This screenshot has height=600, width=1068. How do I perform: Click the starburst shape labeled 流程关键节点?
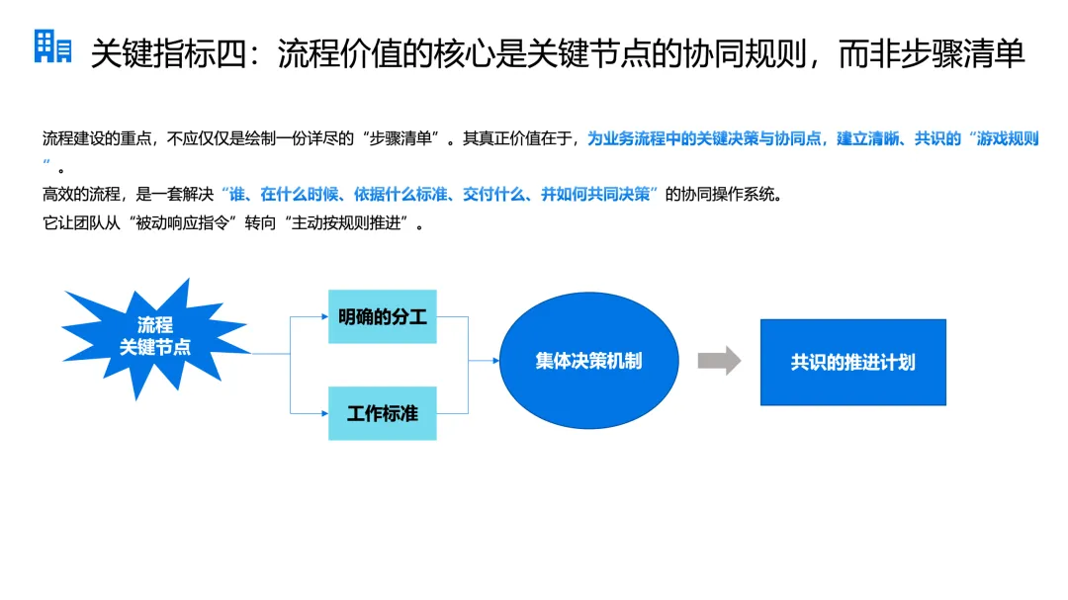point(154,336)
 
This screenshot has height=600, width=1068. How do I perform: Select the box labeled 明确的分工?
point(382,316)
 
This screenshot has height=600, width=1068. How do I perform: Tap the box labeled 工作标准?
point(382,413)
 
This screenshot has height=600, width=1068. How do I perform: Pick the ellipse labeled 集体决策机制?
point(588,361)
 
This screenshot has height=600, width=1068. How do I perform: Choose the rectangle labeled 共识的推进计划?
point(852,362)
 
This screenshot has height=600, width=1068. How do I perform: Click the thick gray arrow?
point(719,361)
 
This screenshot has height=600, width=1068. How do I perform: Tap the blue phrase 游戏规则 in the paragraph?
point(1006,139)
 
